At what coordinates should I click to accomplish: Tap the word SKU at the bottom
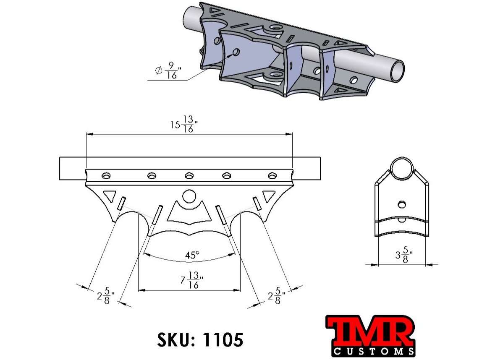(x=173, y=339)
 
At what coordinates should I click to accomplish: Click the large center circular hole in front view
(x=189, y=196)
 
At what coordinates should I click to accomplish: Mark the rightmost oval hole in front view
(x=272, y=175)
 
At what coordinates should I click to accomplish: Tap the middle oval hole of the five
(x=189, y=175)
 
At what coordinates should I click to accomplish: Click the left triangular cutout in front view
(x=109, y=196)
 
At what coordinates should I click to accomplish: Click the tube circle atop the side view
(x=402, y=169)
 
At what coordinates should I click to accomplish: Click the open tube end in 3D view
(x=396, y=70)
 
